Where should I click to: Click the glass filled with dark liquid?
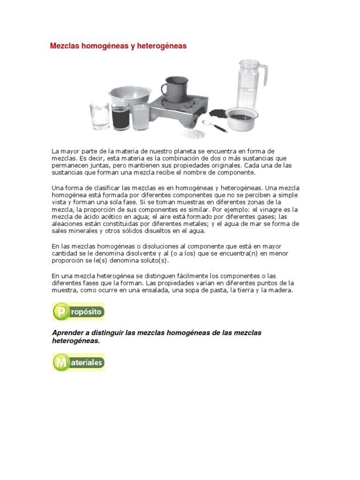coord(120,116)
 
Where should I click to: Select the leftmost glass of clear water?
coord(99,116)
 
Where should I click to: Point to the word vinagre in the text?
coord(276,210)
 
